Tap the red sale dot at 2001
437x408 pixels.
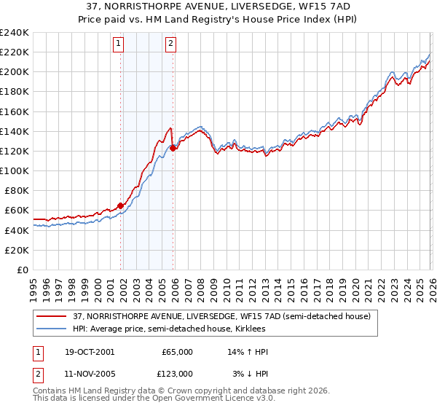[121, 205]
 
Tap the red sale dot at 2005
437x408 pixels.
[173, 148]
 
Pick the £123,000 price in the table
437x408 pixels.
[178, 373]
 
